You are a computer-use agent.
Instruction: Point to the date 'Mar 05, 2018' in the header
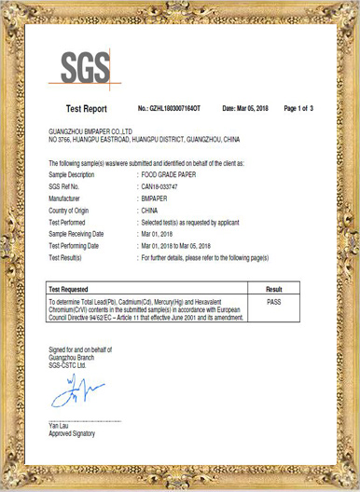[256, 109]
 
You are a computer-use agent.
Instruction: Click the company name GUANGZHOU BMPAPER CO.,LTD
[90, 133]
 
